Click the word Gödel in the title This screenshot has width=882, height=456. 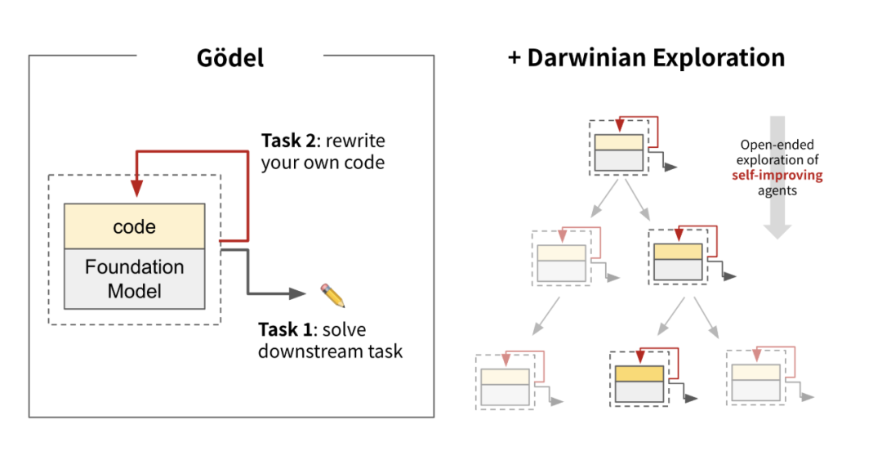(230, 58)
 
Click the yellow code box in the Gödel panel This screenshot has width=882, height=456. (134, 226)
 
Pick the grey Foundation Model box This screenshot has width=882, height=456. (134, 279)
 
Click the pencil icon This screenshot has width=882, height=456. (332, 294)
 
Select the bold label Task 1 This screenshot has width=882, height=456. (285, 329)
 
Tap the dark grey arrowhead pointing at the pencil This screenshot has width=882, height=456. (298, 293)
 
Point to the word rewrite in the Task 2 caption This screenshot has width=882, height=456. (355, 138)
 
